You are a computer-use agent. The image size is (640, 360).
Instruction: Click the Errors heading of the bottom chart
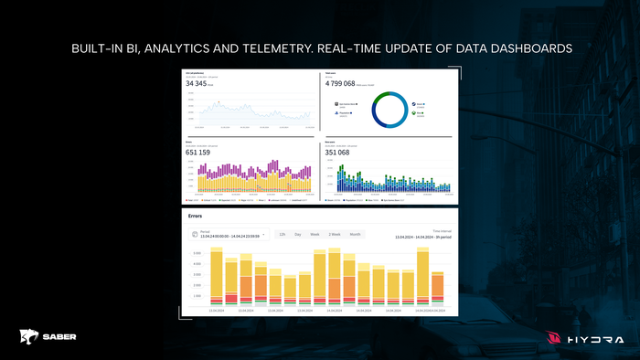pyautogui.click(x=195, y=217)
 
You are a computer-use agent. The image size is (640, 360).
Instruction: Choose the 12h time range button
pyautogui.click(x=283, y=235)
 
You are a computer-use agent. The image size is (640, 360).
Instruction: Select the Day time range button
pyautogui.click(x=298, y=235)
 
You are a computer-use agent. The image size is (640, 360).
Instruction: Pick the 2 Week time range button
pyautogui.click(x=334, y=235)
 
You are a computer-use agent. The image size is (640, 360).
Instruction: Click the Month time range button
pyautogui.click(x=355, y=235)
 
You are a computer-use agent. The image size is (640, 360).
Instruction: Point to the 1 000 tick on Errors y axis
pyautogui.click(x=196, y=296)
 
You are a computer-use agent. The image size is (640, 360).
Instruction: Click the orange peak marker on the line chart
pyautogui.click(x=219, y=102)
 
